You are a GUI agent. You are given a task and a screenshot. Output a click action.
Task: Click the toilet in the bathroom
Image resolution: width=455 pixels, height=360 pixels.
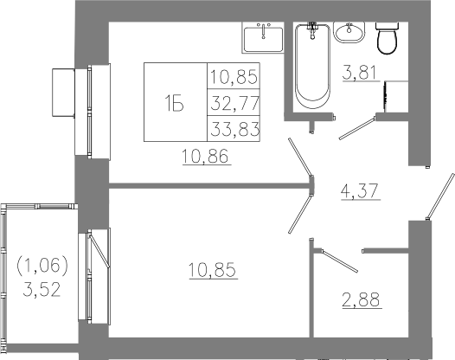coord(388,38)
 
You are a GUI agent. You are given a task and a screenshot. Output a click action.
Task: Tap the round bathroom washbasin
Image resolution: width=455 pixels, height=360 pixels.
coord(349,32)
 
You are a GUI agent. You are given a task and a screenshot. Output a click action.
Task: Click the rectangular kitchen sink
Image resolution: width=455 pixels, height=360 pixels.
coord(263,38)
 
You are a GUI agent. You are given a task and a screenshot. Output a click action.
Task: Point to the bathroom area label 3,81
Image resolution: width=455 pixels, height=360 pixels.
coord(361,74)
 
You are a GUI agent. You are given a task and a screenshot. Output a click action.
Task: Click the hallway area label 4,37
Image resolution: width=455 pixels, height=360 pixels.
coord(360,191)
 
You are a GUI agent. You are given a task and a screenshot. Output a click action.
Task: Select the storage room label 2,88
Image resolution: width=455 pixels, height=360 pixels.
coord(362,299)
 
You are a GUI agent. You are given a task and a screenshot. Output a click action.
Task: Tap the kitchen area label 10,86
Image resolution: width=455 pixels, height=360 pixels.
coord(207,156)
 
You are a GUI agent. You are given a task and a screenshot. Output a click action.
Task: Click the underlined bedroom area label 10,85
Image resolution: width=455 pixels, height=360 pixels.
coord(214,270)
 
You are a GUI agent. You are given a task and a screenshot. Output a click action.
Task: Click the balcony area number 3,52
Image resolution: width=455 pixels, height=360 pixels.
coord(42,289)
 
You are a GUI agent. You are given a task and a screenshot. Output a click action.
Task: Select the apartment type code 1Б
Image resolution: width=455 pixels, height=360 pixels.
coord(174,104)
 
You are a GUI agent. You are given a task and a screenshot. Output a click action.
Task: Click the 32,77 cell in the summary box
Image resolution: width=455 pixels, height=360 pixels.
coord(234,103)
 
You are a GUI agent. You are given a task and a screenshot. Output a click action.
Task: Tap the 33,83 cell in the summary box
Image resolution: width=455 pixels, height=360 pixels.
coord(234,129)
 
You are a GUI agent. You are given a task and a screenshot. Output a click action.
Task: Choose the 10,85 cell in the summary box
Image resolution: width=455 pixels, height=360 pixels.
coord(234,76)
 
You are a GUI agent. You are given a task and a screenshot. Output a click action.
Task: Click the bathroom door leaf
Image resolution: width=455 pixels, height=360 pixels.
coord(357,128)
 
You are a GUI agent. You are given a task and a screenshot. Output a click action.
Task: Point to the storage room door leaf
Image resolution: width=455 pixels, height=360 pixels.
coord(339,260)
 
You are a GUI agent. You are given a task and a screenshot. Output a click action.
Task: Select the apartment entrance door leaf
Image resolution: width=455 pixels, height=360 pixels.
coord(440,196)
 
